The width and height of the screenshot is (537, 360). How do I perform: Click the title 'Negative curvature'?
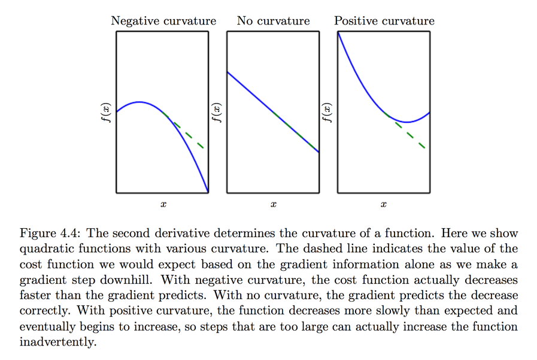click(163, 21)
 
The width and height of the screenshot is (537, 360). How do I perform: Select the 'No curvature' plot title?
click(273, 21)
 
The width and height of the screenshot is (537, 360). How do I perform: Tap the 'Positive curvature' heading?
click(384, 21)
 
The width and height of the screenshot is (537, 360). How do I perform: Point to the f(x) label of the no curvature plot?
click(216, 112)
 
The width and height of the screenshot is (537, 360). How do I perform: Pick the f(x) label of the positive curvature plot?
click(326, 112)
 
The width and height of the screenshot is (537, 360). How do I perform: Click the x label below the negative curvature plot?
click(163, 205)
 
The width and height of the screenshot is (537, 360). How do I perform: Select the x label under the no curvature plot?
click(273, 205)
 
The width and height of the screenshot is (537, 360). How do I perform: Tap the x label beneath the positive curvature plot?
click(384, 205)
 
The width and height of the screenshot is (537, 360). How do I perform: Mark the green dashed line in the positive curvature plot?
click(410, 135)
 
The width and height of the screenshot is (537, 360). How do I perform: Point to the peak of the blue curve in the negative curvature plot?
click(139, 102)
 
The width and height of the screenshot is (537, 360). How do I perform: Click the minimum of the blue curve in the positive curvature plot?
click(407, 122)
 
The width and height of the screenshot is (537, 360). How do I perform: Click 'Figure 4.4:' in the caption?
click(50, 234)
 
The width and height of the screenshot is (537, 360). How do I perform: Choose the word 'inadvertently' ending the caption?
click(57, 342)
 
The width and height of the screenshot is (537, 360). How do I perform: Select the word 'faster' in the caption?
click(35, 295)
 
